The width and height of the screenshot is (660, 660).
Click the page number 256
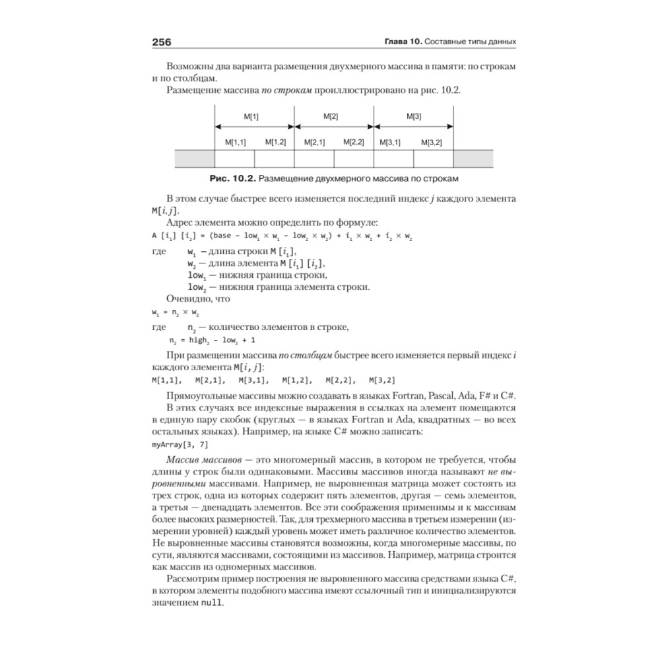pyautogui.click(x=162, y=43)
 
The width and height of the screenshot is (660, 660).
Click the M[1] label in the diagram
pyautogui.click(x=251, y=116)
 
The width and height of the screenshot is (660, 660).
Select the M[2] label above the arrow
pyautogui.click(x=331, y=116)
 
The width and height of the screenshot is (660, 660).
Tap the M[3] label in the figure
pyautogui.click(x=413, y=116)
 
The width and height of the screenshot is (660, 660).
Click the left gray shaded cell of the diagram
pyautogui.click(x=195, y=158)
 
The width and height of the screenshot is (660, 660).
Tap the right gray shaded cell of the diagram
pyautogui.click(x=473, y=158)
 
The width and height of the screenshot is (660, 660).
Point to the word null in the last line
pyautogui.click(x=212, y=603)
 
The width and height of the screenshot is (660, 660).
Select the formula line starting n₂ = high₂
pyautogui.click(x=211, y=341)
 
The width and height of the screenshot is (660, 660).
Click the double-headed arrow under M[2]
pyautogui.click(x=334, y=127)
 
